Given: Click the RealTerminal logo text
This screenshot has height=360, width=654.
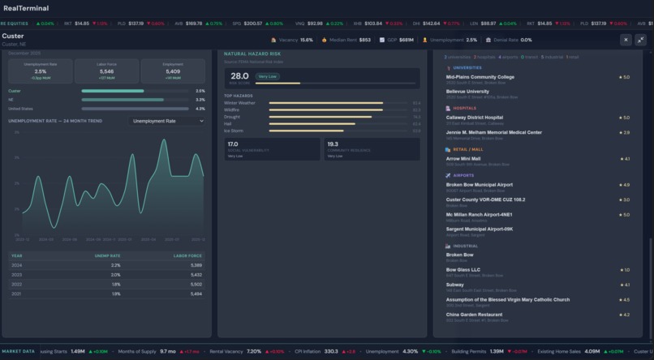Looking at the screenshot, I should pos(25,8).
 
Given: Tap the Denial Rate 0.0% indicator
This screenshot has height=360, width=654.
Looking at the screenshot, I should pos(514,39).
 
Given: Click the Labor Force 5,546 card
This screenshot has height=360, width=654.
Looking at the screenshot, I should pos(106,71).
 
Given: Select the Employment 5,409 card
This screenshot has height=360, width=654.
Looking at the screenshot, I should pos(173,71).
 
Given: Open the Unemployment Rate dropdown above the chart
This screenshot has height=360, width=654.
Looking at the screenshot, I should pos(168,121).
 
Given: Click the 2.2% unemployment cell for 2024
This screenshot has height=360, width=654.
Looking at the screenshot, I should pos(115,265).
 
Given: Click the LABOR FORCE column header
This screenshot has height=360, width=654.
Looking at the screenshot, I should pos(190,255).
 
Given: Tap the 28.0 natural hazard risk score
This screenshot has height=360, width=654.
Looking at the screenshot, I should pos(239,75).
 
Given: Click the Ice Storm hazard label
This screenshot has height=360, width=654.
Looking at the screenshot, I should pos(234,130).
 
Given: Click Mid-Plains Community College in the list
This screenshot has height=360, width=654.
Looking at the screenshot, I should pos(480,77).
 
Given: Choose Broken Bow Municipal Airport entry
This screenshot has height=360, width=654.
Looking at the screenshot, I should pos(479,185).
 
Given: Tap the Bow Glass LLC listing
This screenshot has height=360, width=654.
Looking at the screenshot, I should pos(463,270).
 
